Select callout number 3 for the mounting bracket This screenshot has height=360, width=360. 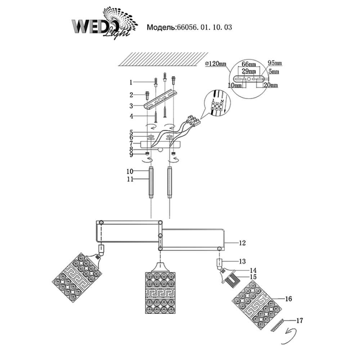132,106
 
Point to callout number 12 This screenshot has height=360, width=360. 242,243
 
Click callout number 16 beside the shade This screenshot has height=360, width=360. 288,299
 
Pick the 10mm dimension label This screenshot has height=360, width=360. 234,86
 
